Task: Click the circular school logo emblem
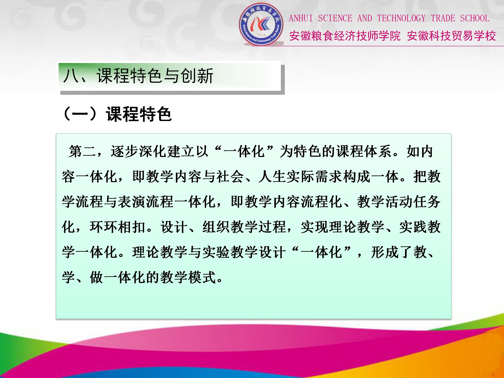pyautogui.click(x=261, y=24)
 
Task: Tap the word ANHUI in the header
pyautogui.click(x=301, y=18)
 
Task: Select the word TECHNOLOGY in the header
pyautogui.click(x=401, y=18)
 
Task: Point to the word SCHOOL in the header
pyautogui.click(x=475, y=18)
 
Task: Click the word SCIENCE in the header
pyautogui.click(x=335, y=18)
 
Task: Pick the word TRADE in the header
pyautogui.click(x=443, y=18)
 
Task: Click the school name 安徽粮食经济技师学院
pyautogui.click(x=345, y=36)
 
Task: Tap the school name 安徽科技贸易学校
pyautogui.click(x=451, y=36)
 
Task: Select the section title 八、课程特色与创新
pyautogui.click(x=138, y=76)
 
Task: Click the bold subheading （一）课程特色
pyautogui.click(x=117, y=114)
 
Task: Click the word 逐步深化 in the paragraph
pyautogui.click(x=139, y=151)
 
